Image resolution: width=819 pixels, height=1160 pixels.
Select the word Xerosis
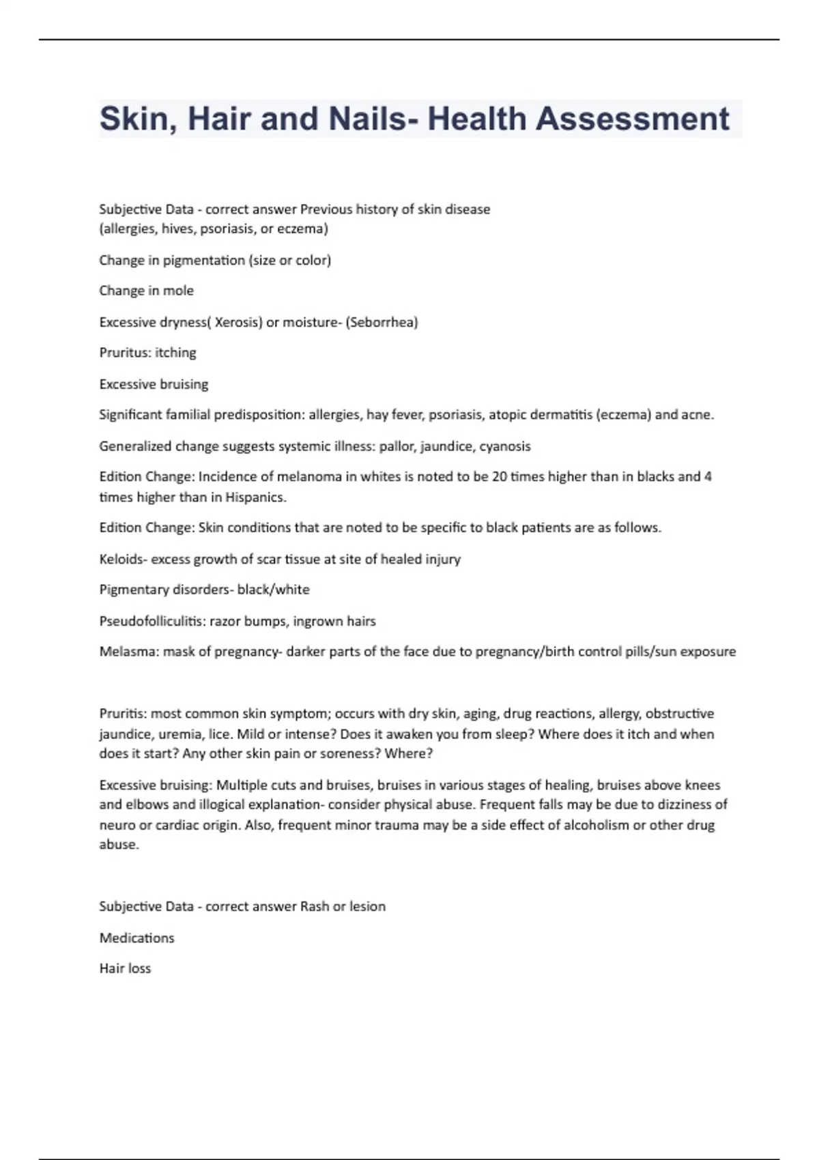238,322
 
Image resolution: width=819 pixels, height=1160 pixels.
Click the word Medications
136,938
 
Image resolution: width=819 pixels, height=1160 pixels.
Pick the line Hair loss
125,968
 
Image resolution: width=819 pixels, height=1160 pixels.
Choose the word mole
178,291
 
